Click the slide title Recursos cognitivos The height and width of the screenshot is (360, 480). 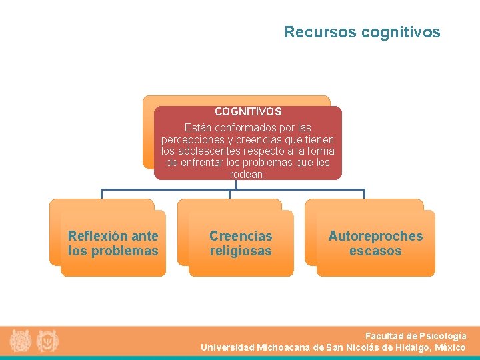(362, 32)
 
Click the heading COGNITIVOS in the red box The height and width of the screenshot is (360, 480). (248, 112)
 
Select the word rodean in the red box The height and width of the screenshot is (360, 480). (247, 175)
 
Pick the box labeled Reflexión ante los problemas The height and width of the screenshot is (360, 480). (113, 243)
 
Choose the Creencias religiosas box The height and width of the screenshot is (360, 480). (241, 243)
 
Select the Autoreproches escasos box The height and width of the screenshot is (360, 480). (375, 243)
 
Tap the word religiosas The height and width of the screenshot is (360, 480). (241, 251)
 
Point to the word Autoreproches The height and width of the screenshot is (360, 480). (375, 236)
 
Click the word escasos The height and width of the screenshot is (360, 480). (375, 251)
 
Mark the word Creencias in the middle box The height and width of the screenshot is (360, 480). (241, 236)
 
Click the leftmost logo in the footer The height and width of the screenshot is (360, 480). (21, 341)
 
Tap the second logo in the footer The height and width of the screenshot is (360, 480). (47, 341)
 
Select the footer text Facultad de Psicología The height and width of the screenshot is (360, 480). (415, 336)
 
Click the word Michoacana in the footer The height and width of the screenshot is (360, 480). (283, 347)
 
